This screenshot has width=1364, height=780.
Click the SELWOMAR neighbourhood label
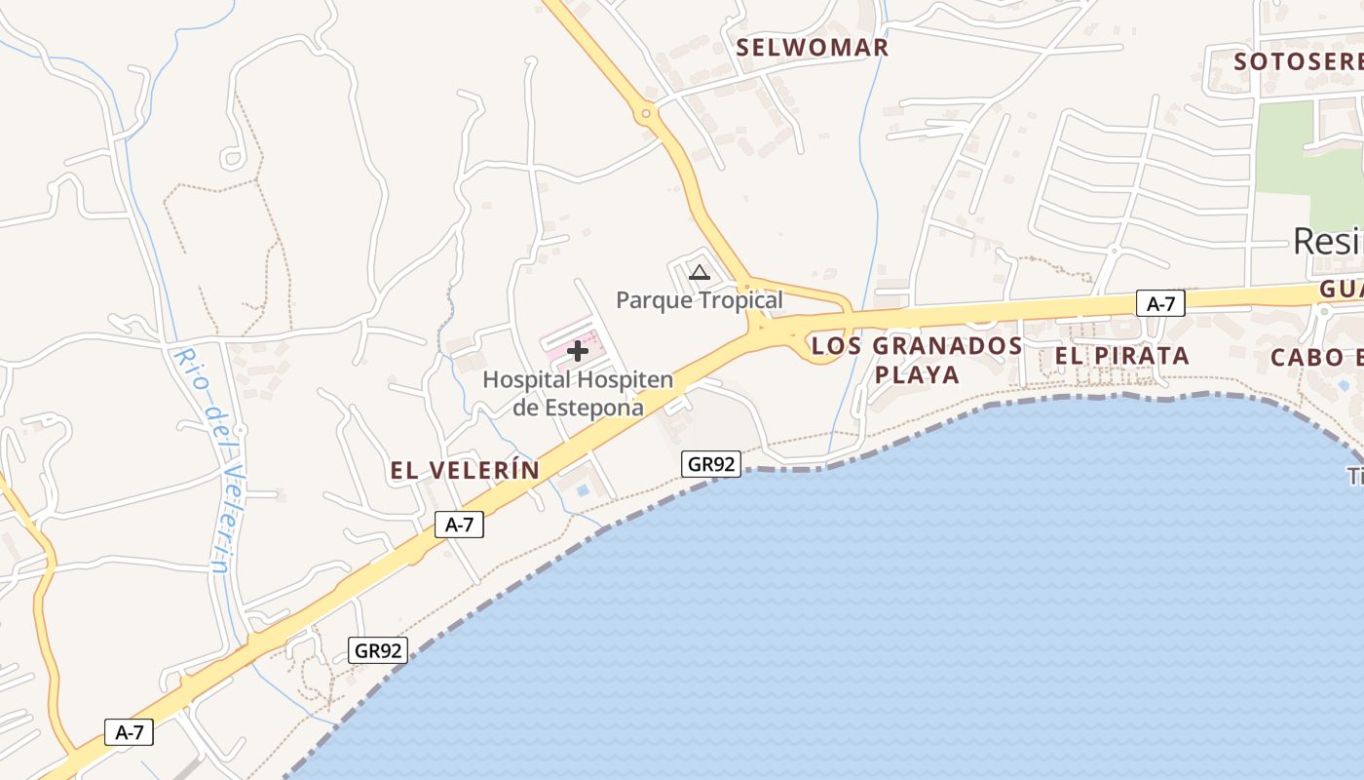click(x=812, y=47)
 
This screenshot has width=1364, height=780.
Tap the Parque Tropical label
click(x=699, y=300)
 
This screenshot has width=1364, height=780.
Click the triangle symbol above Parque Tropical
click(x=699, y=273)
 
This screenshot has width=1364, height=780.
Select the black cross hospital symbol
click(x=578, y=351)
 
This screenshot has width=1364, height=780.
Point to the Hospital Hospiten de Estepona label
click(x=578, y=393)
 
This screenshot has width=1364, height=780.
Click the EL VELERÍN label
click(x=465, y=471)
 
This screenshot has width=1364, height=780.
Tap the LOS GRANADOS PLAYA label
click(x=917, y=360)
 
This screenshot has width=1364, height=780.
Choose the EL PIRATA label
click(x=1121, y=356)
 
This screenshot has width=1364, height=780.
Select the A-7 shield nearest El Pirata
click(x=1160, y=304)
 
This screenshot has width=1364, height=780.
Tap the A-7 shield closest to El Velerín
click(x=459, y=525)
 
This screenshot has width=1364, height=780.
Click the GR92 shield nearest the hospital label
click(x=711, y=464)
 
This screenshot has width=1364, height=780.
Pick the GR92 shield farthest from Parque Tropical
click(x=378, y=650)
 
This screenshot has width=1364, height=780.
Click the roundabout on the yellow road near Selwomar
click(x=645, y=115)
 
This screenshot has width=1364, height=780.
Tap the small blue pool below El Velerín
click(x=583, y=489)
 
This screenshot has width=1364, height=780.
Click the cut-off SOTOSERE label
click(x=1297, y=61)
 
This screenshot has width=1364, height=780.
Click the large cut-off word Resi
click(x=1327, y=241)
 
